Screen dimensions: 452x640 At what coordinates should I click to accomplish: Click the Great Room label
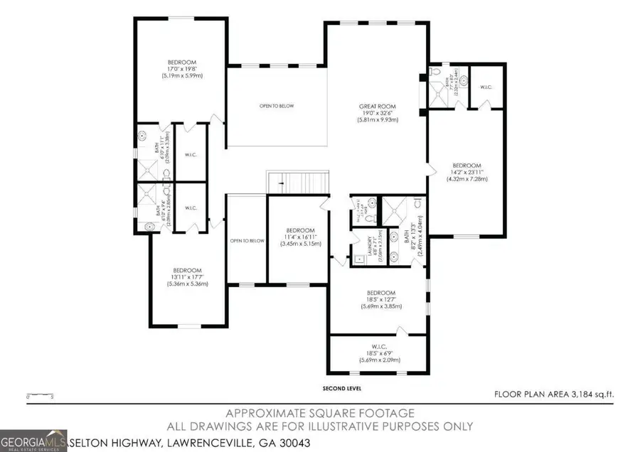tap(377, 112)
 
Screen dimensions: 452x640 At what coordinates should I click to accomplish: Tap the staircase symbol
tap(297, 183)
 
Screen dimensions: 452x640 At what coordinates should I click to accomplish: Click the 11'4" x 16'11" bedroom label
tap(300, 237)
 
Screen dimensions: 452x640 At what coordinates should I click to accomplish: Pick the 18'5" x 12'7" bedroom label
tap(380, 299)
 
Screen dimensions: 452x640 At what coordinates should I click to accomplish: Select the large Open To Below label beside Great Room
tap(277, 107)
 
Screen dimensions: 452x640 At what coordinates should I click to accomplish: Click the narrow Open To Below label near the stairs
tap(247, 241)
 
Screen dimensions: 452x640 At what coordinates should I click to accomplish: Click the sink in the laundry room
tap(360, 259)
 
